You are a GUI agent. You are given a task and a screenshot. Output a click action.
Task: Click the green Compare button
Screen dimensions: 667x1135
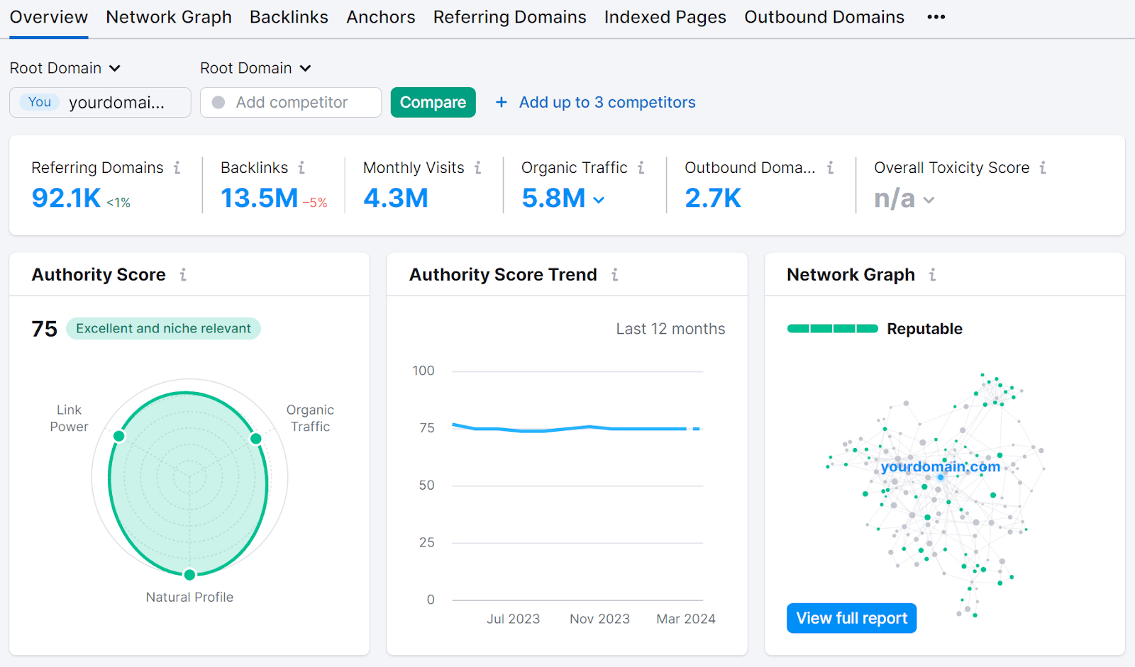coord(433,102)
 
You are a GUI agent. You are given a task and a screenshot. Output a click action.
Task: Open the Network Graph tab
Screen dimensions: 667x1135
coord(169,17)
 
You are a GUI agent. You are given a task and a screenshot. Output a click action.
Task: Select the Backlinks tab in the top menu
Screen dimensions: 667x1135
coord(289,17)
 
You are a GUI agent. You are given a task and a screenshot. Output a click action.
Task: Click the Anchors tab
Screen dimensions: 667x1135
coord(380,17)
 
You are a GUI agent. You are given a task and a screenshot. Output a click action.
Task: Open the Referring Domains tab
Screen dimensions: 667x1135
coord(509,17)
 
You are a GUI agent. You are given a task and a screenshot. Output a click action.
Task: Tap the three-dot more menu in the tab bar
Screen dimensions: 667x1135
coord(936,17)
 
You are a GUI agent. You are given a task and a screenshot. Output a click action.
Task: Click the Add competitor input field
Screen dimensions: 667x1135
coord(291,102)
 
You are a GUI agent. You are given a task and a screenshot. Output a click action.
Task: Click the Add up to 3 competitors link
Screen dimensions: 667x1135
coord(607,102)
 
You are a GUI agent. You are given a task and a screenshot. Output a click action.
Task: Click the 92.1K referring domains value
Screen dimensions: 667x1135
coord(67,198)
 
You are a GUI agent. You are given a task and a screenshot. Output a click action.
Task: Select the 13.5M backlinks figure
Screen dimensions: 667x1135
coord(259,198)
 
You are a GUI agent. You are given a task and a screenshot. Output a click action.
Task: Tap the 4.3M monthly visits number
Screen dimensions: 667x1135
coord(396,198)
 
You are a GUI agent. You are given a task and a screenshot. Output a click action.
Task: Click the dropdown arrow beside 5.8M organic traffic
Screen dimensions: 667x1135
coord(599,201)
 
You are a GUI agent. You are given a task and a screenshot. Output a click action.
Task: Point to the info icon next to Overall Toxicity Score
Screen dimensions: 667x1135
coord(1043,168)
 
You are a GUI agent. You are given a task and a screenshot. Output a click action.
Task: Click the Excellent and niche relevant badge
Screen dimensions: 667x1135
coord(163,328)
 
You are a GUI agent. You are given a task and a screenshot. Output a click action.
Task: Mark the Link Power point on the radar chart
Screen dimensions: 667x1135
coord(119,436)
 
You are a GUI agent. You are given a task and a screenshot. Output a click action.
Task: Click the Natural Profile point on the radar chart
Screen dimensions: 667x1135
coord(189,574)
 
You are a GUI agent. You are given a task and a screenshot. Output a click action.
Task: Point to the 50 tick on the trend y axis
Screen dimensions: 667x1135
coord(426,486)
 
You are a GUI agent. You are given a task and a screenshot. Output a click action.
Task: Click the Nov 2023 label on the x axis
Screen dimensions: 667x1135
coord(599,619)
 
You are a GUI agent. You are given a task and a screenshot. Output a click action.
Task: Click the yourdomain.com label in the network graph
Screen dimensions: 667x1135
coord(940,466)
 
